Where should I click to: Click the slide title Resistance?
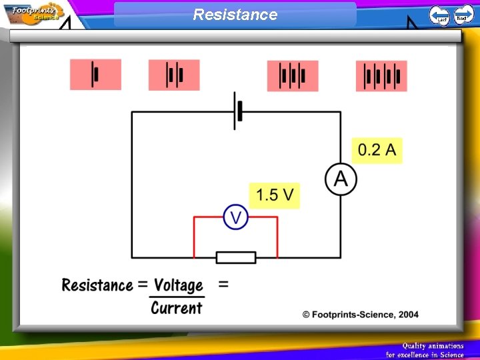click(235, 14)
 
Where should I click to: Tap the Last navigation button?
click(439, 15)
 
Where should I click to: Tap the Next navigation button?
click(463, 14)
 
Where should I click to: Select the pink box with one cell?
click(95, 74)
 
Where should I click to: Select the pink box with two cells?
click(174, 75)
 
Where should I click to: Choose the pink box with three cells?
click(293, 75)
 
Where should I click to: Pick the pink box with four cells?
click(381, 76)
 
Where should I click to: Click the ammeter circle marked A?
click(341, 179)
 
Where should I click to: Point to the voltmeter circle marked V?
click(235, 217)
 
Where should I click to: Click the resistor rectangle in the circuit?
click(235, 257)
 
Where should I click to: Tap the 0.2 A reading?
click(377, 150)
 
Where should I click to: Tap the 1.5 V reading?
click(275, 195)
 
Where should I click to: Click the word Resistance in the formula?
click(97, 285)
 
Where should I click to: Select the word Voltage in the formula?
click(178, 285)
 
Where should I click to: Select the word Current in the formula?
click(176, 307)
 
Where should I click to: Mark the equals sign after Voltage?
click(223, 285)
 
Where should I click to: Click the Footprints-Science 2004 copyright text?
click(360, 314)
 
